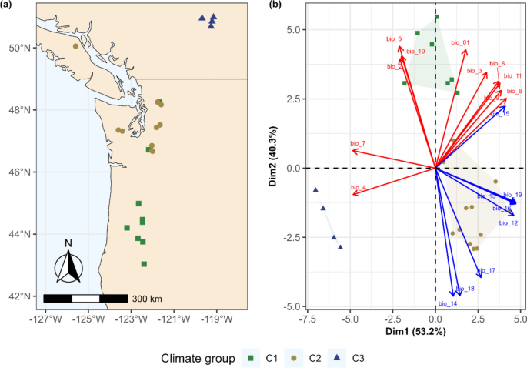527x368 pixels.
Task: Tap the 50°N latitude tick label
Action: point(18,48)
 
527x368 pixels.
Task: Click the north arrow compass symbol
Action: point(68,265)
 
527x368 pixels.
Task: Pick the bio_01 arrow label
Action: point(460,43)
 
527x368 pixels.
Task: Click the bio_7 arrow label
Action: point(358,144)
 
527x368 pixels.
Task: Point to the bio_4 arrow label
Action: point(358,188)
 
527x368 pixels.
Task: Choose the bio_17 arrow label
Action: point(486,271)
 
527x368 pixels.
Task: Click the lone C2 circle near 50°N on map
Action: point(75,46)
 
